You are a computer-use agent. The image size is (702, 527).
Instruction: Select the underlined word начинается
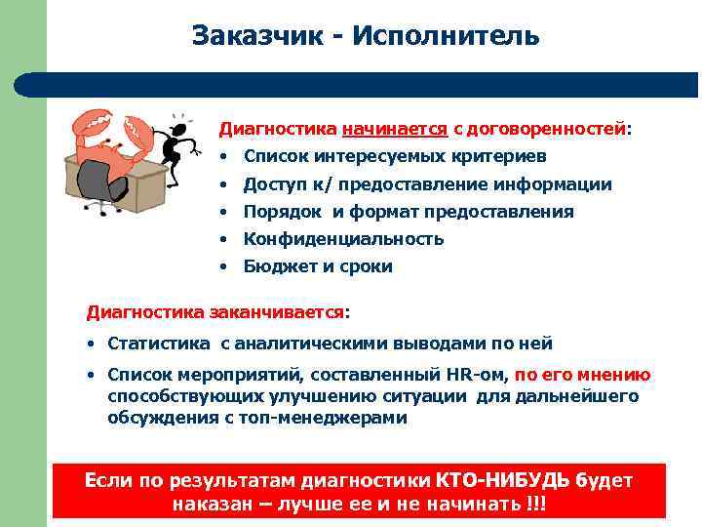tap(394, 128)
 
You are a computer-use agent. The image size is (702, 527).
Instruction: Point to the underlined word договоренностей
tap(547, 128)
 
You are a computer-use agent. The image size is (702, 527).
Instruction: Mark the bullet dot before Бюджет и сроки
tap(223, 266)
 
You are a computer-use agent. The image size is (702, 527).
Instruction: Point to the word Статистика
tap(159, 344)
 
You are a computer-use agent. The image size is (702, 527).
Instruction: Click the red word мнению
tap(618, 375)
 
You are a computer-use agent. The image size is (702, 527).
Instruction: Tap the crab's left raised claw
tap(89, 127)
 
